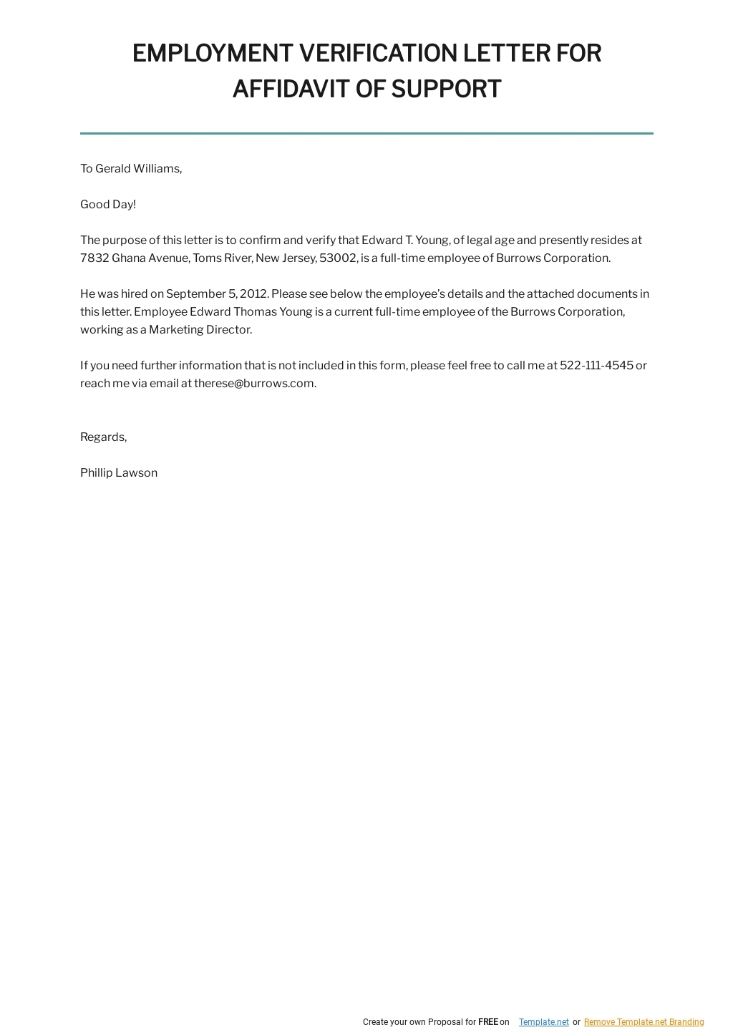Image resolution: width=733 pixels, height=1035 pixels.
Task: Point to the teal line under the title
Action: click(366, 133)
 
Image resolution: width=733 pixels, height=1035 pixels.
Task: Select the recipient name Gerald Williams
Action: click(138, 169)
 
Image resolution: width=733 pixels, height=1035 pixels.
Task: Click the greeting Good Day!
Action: click(108, 205)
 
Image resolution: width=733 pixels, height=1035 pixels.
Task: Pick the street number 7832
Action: click(94, 258)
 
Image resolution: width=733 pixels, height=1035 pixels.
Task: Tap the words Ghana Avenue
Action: click(150, 258)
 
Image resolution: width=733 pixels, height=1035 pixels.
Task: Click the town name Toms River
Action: click(222, 258)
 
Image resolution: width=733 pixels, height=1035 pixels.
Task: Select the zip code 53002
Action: click(338, 258)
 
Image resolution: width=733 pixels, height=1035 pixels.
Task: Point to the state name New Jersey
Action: click(286, 258)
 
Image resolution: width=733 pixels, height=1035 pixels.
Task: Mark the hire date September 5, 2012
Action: click(217, 294)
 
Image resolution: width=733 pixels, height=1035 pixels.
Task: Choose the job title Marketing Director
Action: click(200, 330)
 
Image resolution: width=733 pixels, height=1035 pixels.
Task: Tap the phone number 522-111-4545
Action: click(596, 366)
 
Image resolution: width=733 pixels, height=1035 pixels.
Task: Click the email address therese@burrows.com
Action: click(254, 384)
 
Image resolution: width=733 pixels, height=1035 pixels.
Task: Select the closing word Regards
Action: click(103, 437)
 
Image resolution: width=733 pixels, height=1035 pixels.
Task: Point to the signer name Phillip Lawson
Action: click(119, 473)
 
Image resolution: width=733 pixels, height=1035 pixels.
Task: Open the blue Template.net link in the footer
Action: click(544, 1022)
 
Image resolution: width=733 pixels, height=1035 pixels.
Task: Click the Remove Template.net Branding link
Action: click(644, 1022)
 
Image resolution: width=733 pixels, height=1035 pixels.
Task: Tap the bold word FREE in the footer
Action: click(488, 1022)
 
